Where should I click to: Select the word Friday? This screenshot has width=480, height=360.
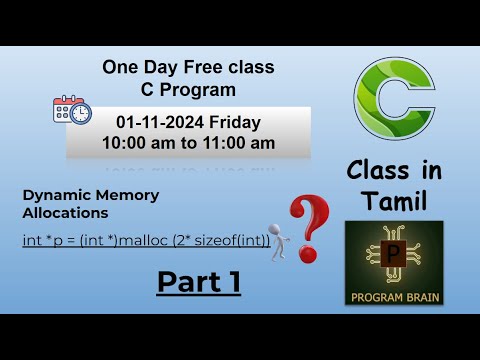pyautogui.click(x=234, y=123)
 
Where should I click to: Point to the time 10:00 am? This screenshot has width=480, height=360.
pyautogui.click(x=140, y=143)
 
